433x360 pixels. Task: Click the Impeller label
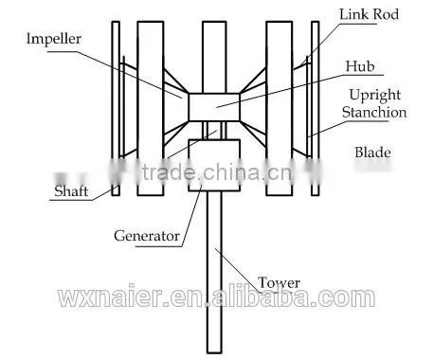click(54, 39)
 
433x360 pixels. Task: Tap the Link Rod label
click(369, 14)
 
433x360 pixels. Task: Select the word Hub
click(360, 66)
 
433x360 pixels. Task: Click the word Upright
click(375, 96)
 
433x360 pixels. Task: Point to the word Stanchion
click(374, 113)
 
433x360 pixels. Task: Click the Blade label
click(372, 153)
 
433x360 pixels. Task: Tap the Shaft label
click(71, 191)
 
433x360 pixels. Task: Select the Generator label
click(147, 236)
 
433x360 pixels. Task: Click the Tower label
click(279, 282)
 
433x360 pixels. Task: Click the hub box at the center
click(214, 107)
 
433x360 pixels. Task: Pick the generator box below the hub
click(214, 165)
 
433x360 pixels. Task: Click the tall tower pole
click(214, 272)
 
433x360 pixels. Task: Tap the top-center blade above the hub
click(214, 57)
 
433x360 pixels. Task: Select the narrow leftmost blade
click(116, 108)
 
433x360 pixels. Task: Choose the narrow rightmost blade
click(316, 108)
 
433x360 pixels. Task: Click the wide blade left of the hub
click(151, 108)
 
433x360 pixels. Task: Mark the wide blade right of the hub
click(280, 108)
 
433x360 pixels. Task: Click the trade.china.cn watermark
click(216, 172)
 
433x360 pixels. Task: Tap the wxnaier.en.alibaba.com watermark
click(217, 297)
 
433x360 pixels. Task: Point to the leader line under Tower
click(239, 271)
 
